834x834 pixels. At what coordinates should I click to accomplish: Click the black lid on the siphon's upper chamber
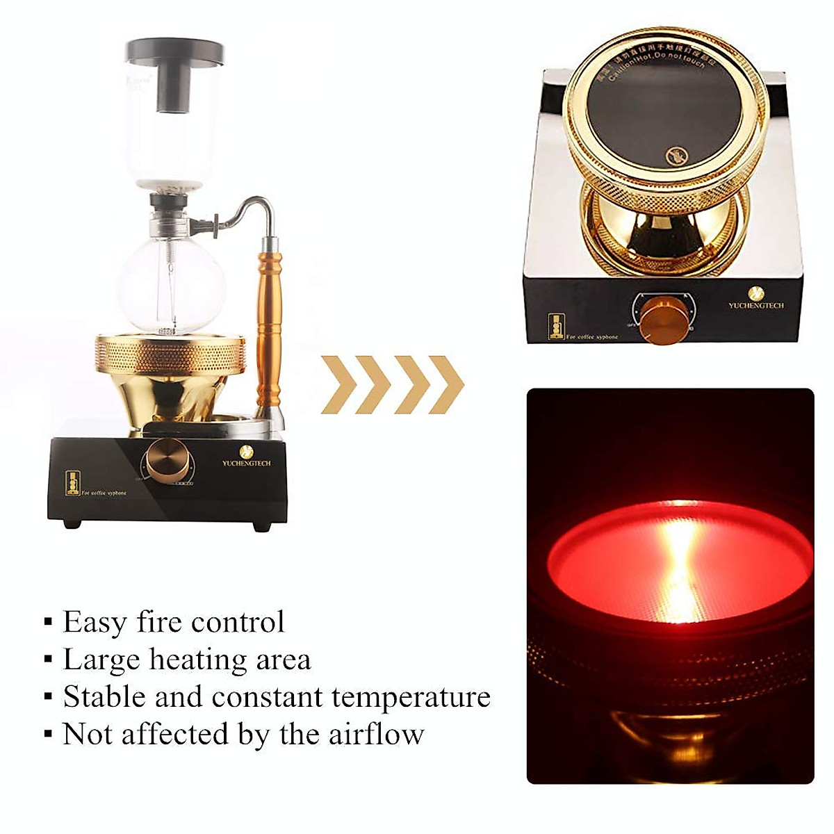pos(174,52)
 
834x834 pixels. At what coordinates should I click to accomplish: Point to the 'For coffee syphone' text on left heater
pos(104,493)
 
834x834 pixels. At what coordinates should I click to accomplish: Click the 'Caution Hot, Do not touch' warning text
pos(657,66)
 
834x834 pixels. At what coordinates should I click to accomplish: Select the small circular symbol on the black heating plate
pos(675,156)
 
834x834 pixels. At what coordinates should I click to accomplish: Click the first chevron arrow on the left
pos(338,384)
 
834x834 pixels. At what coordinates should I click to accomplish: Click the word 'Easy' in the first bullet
pos(95,622)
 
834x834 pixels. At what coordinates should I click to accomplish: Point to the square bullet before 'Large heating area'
pos(48,659)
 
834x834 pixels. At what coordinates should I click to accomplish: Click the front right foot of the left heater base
pos(261,526)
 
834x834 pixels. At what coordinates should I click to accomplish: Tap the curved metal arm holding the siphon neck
pos(243,208)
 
